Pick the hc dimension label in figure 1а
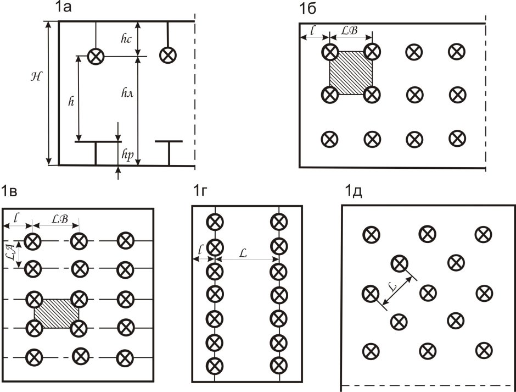[x=126, y=38]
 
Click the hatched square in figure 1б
[x=351, y=73]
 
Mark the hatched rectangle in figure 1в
[x=57, y=314]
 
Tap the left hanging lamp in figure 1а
[x=97, y=56]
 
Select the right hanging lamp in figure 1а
[x=167, y=55]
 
